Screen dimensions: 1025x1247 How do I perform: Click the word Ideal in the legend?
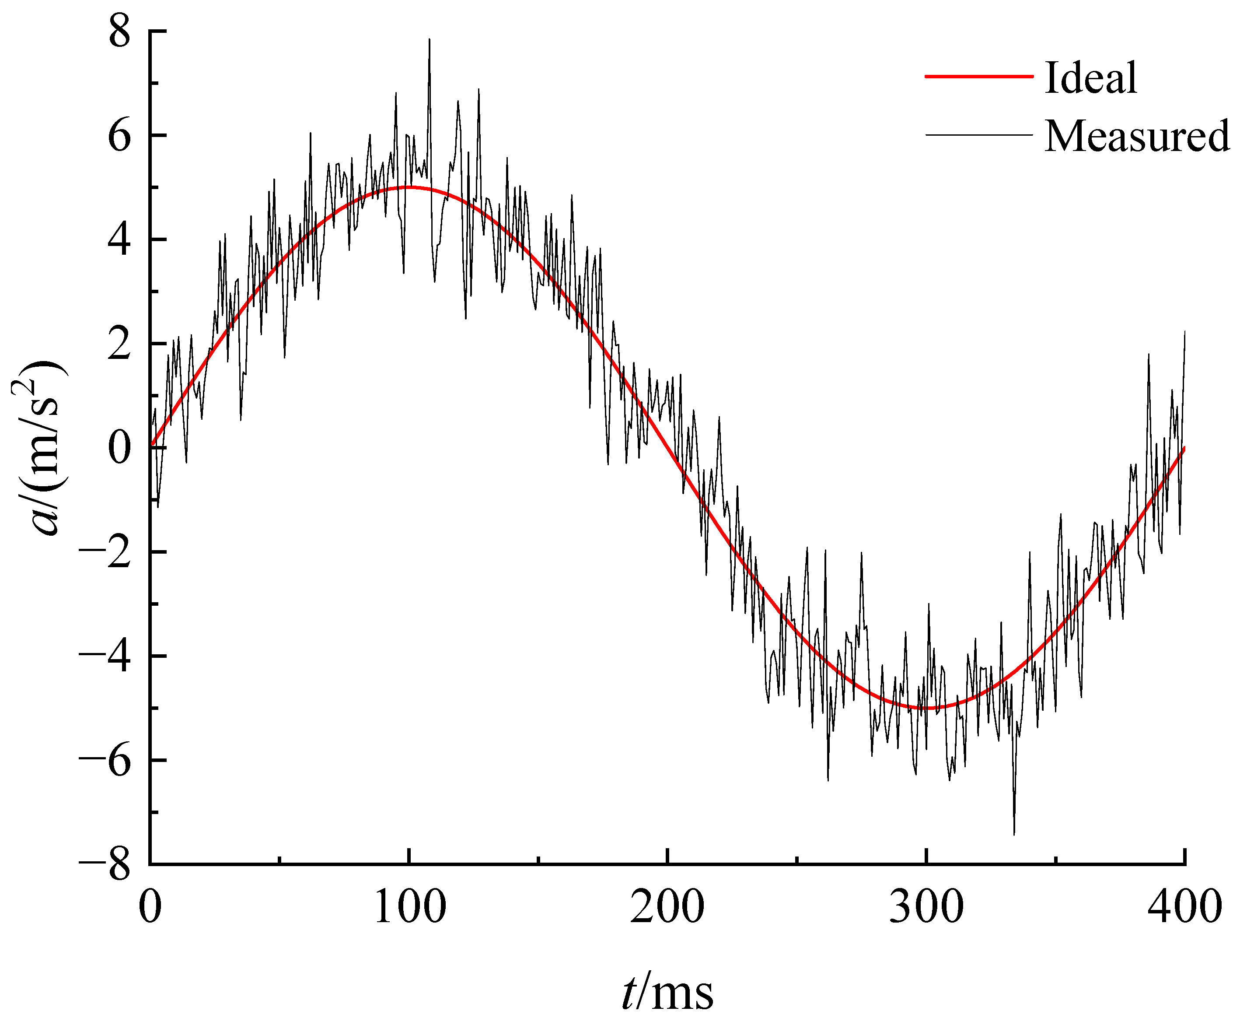point(1090,78)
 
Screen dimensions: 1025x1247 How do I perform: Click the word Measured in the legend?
point(1137,136)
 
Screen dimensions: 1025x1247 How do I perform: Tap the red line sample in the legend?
point(978,76)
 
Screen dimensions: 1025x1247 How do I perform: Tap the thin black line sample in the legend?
point(978,135)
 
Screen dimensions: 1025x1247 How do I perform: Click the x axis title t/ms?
point(667,993)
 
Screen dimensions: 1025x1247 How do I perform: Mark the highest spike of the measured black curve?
point(429,40)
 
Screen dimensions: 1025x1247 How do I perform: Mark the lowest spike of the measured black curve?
point(1014,833)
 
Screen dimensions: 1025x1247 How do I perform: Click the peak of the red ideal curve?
point(409,187)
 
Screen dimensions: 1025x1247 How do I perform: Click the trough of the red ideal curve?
point(926,707)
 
